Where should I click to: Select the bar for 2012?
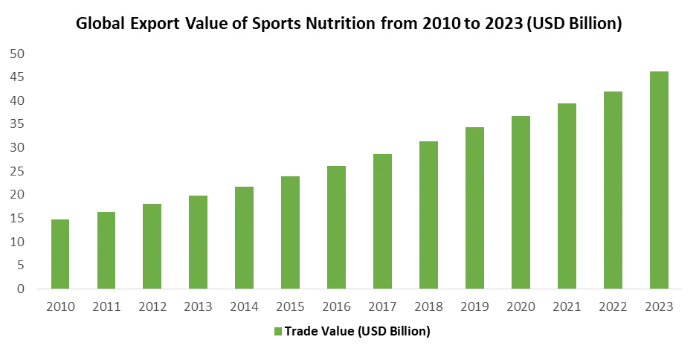(x=154, y=245)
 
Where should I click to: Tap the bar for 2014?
(x=244, y=237)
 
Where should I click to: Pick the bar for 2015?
(x=291, y=231)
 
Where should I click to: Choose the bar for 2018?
(x=429, y=213)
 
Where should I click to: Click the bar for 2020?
(x=523, y=201)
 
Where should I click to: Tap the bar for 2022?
(x=613, y=189)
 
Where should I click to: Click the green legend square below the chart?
(x=280, y=332)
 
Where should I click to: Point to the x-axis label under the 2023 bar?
(x=660, y=306)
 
